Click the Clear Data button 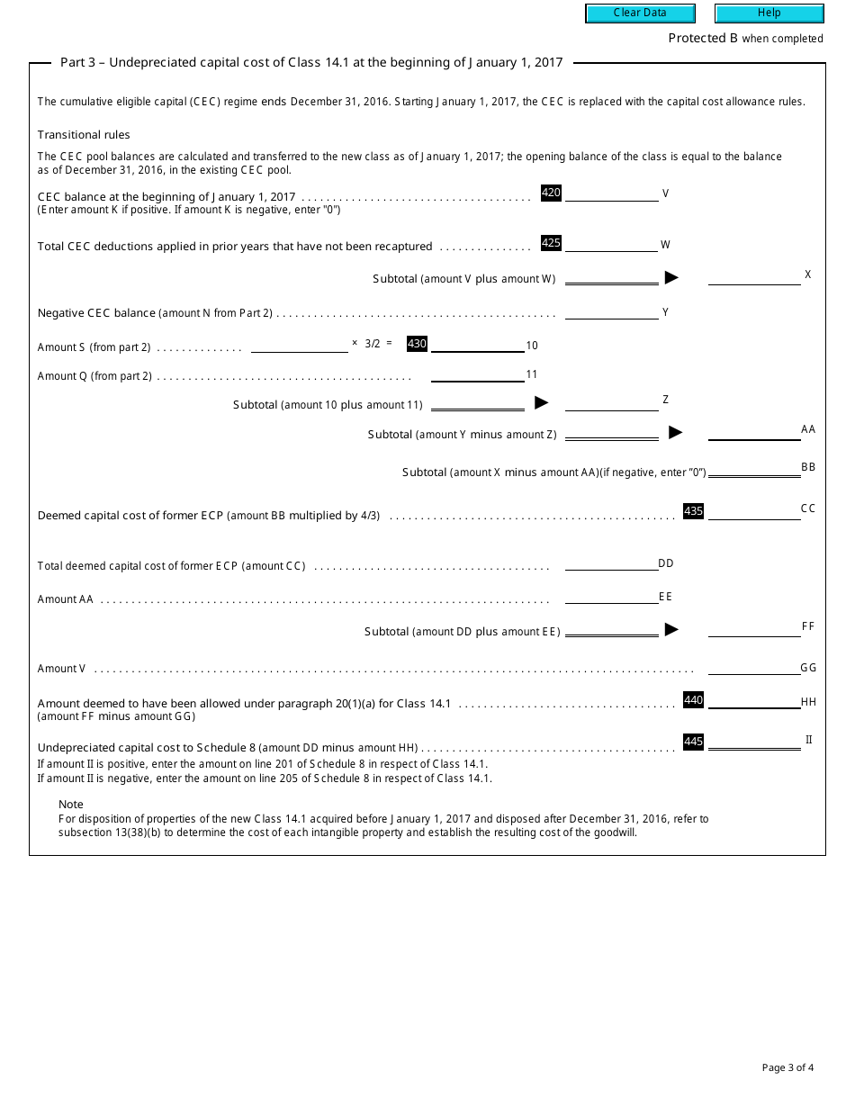click(640, 13)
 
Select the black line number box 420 click(551, 193)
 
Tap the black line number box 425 click(551, 243)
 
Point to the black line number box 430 click(417, 344)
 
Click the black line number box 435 click(693, 511)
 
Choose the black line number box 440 click(693, 700)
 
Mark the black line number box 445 click(693, 742)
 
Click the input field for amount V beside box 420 click(611, 193)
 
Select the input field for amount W click(611, 244)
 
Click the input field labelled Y click(611, 311)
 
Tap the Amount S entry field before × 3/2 click(299, 345)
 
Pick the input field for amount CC click(754, 511)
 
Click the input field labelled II click(754, 742)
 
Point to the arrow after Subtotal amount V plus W click(671, 278)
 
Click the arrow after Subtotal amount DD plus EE click(671, 630)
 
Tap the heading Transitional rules click(84, 135)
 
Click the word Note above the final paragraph click(71, 804)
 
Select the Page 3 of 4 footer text click(787, 1068)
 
